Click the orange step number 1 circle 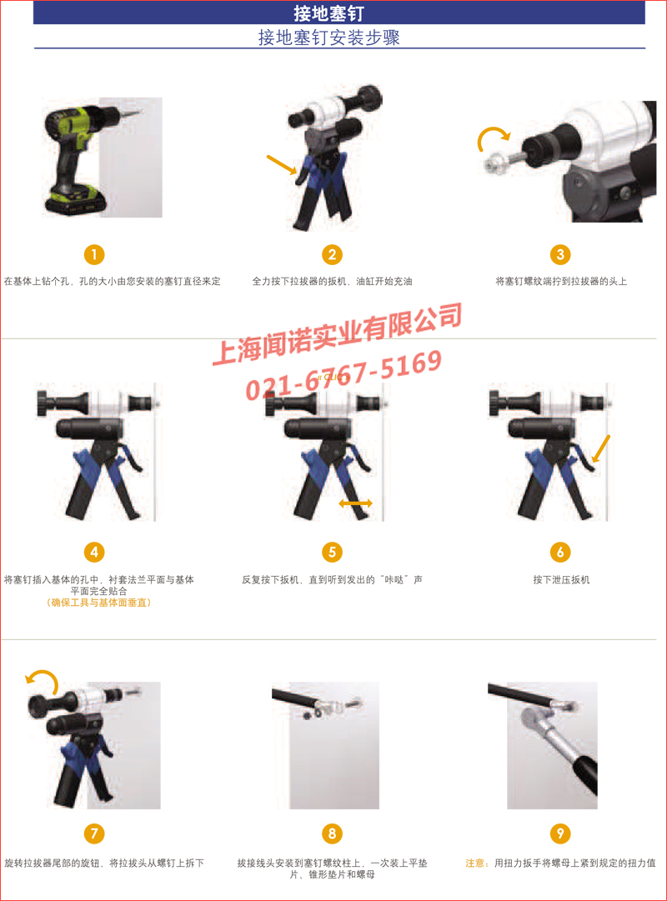94,254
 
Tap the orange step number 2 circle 332,254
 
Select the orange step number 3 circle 560,254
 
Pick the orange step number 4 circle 94,553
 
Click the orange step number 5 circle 332,553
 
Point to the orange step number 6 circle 560,553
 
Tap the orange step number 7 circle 94,833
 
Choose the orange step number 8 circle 332,833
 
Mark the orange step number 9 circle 560,833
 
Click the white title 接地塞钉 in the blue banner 328,13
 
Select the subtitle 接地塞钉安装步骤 328,38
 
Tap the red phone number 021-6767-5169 344,374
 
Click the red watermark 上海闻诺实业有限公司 337,334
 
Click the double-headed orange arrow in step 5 355,503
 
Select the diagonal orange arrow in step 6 600,448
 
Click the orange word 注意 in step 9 476,863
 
